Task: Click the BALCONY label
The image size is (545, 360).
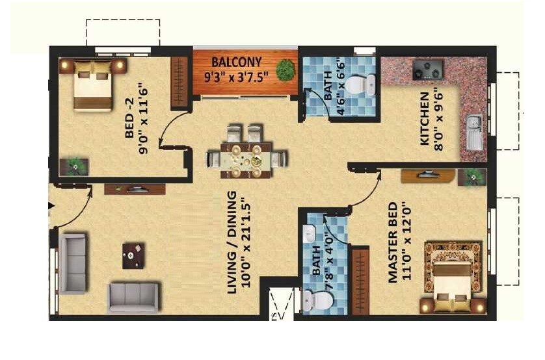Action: (x=237, y=62)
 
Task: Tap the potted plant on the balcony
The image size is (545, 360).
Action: (x=285, y=70)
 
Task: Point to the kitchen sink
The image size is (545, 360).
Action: (x=473, y=130)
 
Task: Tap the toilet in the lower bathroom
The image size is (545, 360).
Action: (x=317, y=300)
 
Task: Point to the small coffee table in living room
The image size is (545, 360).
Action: (x=134, y=255)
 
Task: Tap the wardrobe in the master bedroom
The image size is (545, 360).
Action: (x=360, y=280)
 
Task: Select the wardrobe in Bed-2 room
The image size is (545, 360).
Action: (x=179, y=83)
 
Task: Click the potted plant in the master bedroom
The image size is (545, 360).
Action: (x=471, y=175)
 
